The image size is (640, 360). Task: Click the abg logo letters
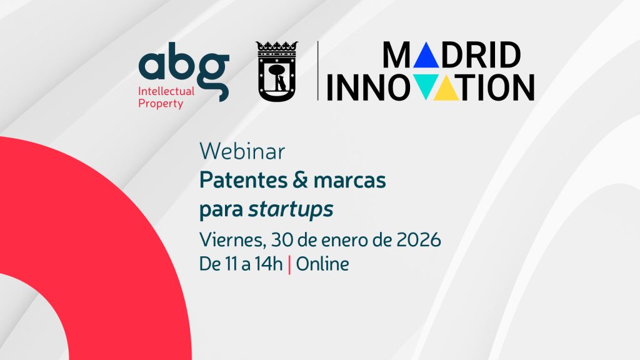point(184,67)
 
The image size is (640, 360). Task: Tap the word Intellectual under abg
point(166,91)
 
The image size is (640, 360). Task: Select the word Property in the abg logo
point(161,104)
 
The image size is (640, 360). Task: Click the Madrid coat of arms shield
point(277,76)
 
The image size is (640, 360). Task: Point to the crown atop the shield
point(277,46)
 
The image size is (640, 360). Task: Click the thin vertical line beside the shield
point(318,71)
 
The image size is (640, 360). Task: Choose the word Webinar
point(242,151)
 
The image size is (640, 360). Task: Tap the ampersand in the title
point(300,179)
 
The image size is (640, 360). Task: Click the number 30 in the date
point(282,239)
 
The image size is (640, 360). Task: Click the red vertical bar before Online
point(289,265)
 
